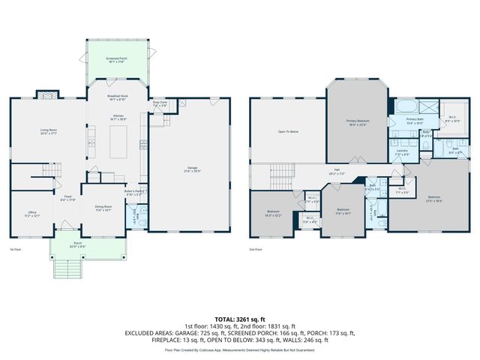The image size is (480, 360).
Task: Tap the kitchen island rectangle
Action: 121,142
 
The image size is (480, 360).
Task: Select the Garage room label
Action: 187,168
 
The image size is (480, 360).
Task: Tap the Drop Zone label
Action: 159,103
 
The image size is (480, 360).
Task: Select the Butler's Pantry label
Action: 134,193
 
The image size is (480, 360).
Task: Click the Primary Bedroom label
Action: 357,121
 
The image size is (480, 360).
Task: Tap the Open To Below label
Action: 288,131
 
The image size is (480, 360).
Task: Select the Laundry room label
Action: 402,151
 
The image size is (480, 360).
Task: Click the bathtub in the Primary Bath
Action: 409,103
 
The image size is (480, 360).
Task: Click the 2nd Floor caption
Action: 256,248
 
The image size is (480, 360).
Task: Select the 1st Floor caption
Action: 15,248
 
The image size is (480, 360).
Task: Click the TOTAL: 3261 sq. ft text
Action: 240,320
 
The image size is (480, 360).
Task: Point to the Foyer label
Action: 67,198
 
